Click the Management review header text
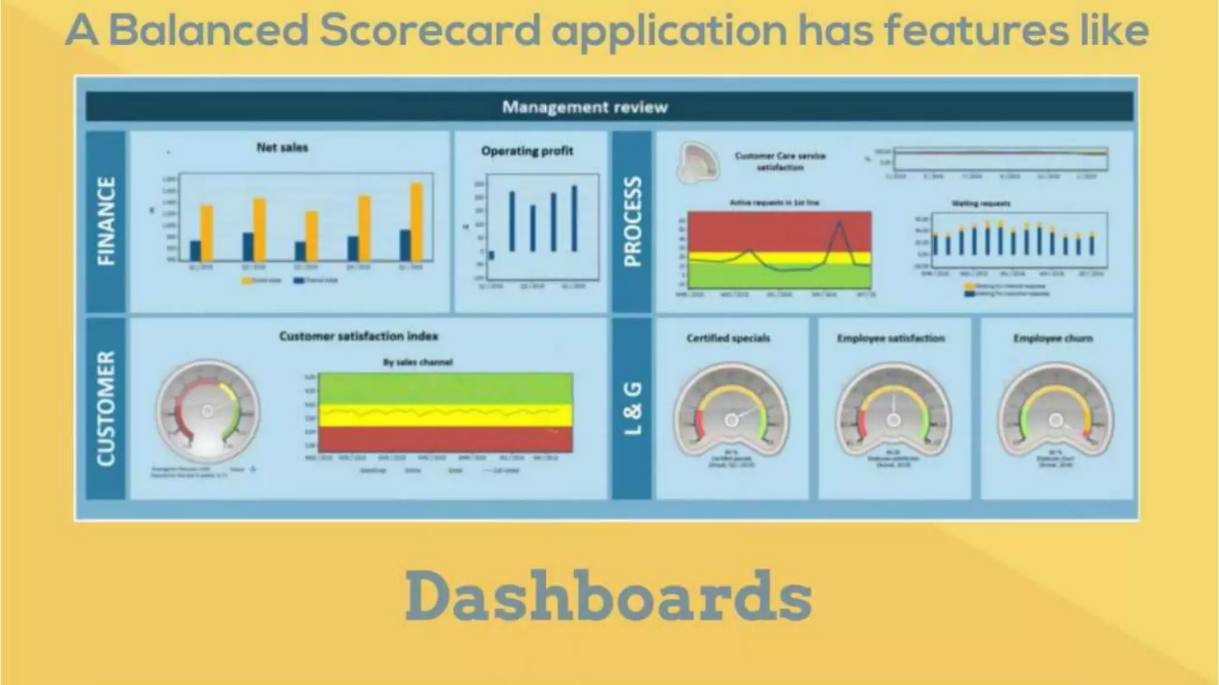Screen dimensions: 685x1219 (585, 107)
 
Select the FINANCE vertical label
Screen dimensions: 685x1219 (106, 221)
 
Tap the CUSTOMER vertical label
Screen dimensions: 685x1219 (106, 408)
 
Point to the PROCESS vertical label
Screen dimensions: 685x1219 (632, 221)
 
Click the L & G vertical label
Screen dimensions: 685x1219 (632, 408)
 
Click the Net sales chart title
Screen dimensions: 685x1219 (282, 148)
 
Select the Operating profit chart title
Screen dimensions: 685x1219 (527, 151)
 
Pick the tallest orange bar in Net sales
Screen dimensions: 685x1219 (417, 221)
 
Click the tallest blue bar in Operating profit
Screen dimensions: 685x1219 (574, 218)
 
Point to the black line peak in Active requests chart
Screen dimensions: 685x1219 (839, 223)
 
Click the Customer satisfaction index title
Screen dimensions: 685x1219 (358, 336)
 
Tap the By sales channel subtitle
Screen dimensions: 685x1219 (417, 362)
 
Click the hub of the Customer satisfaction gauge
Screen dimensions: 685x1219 (207, 411)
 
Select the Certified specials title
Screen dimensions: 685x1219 (728, 338)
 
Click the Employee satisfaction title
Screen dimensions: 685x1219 (890, 338)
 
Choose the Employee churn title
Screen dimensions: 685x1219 (1053, 338)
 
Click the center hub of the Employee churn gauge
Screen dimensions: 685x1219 (1055, 421)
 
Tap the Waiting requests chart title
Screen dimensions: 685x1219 (981, 204)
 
